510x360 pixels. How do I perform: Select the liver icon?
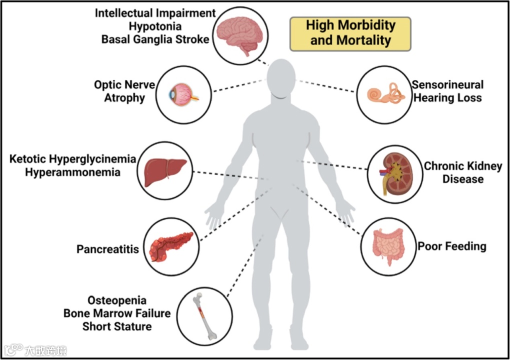pyautogui.click(x=165, y=171)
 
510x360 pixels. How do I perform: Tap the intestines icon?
pyautogui.click(x=387, y=245)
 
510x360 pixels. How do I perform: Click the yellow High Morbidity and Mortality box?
pyautogui.click(x=350, y=33)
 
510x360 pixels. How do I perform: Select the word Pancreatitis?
pyautogui.click(x=107, y=249)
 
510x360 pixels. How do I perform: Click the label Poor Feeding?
pyautogui.click(x=452, y=246)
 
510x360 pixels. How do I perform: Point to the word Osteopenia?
pyautogui.click(x=117, y=300)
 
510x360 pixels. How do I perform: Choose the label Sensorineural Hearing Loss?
pyautogui.click(x=448, y=91)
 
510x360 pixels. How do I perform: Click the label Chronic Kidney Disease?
pyautogui.click(x=463, y=172)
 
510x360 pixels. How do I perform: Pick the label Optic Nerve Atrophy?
pyautogui.click(x=124, y=91)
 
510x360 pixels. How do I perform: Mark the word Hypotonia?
pyautogui.click(x=154, y=25)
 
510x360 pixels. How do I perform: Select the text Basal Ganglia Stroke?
pyautogui.click(x=155, y=39)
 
